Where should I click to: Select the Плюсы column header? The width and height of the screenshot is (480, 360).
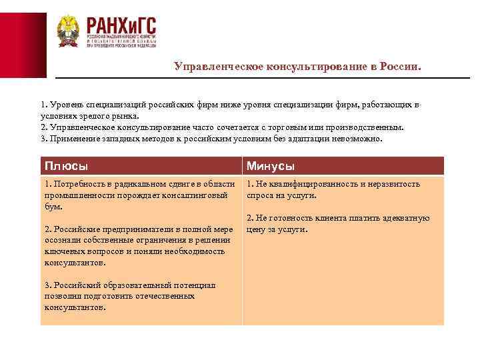tap(66, 166)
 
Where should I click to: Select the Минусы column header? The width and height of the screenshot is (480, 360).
tap(271, 166)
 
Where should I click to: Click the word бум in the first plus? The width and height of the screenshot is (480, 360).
tap(53, 206)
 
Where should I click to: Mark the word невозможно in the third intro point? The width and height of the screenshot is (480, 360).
tap(359, 139)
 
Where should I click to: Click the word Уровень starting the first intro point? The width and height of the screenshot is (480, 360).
tap(65, 105)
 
